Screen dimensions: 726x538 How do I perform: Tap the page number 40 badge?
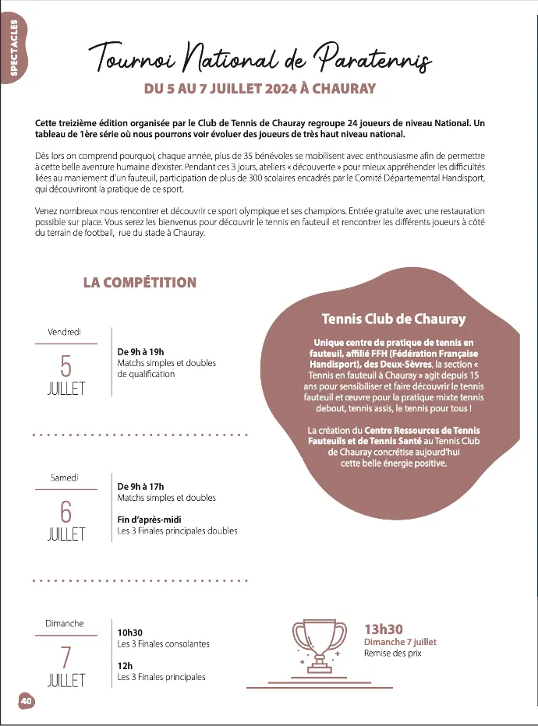(26, 701)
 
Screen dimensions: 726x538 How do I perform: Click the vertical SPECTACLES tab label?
(15, 49)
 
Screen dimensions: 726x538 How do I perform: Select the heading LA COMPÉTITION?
(140, 283)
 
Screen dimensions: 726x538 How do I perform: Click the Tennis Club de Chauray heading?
(394, 319)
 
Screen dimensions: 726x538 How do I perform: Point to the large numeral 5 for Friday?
(65, 365)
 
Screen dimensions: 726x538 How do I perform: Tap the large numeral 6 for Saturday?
(65, 511)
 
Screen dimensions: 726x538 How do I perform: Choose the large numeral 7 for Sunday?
(65, 657)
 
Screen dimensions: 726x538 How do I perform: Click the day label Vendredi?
(65, 332)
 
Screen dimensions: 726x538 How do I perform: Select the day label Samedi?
(65, 478)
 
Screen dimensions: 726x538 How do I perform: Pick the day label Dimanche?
(65, 623)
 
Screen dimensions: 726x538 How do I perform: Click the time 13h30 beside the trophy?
(384, 629)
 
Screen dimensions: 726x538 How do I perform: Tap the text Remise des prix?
(392, 654)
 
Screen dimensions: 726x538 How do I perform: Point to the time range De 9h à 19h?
(140, 352)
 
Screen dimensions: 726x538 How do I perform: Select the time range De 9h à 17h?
(140, 486)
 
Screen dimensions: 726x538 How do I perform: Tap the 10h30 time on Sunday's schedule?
(130, 633)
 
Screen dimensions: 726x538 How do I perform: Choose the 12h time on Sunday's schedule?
(124, 666)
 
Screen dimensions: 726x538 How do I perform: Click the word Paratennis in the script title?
(373, 56)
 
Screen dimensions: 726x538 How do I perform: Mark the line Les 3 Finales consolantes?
(163, 644)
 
